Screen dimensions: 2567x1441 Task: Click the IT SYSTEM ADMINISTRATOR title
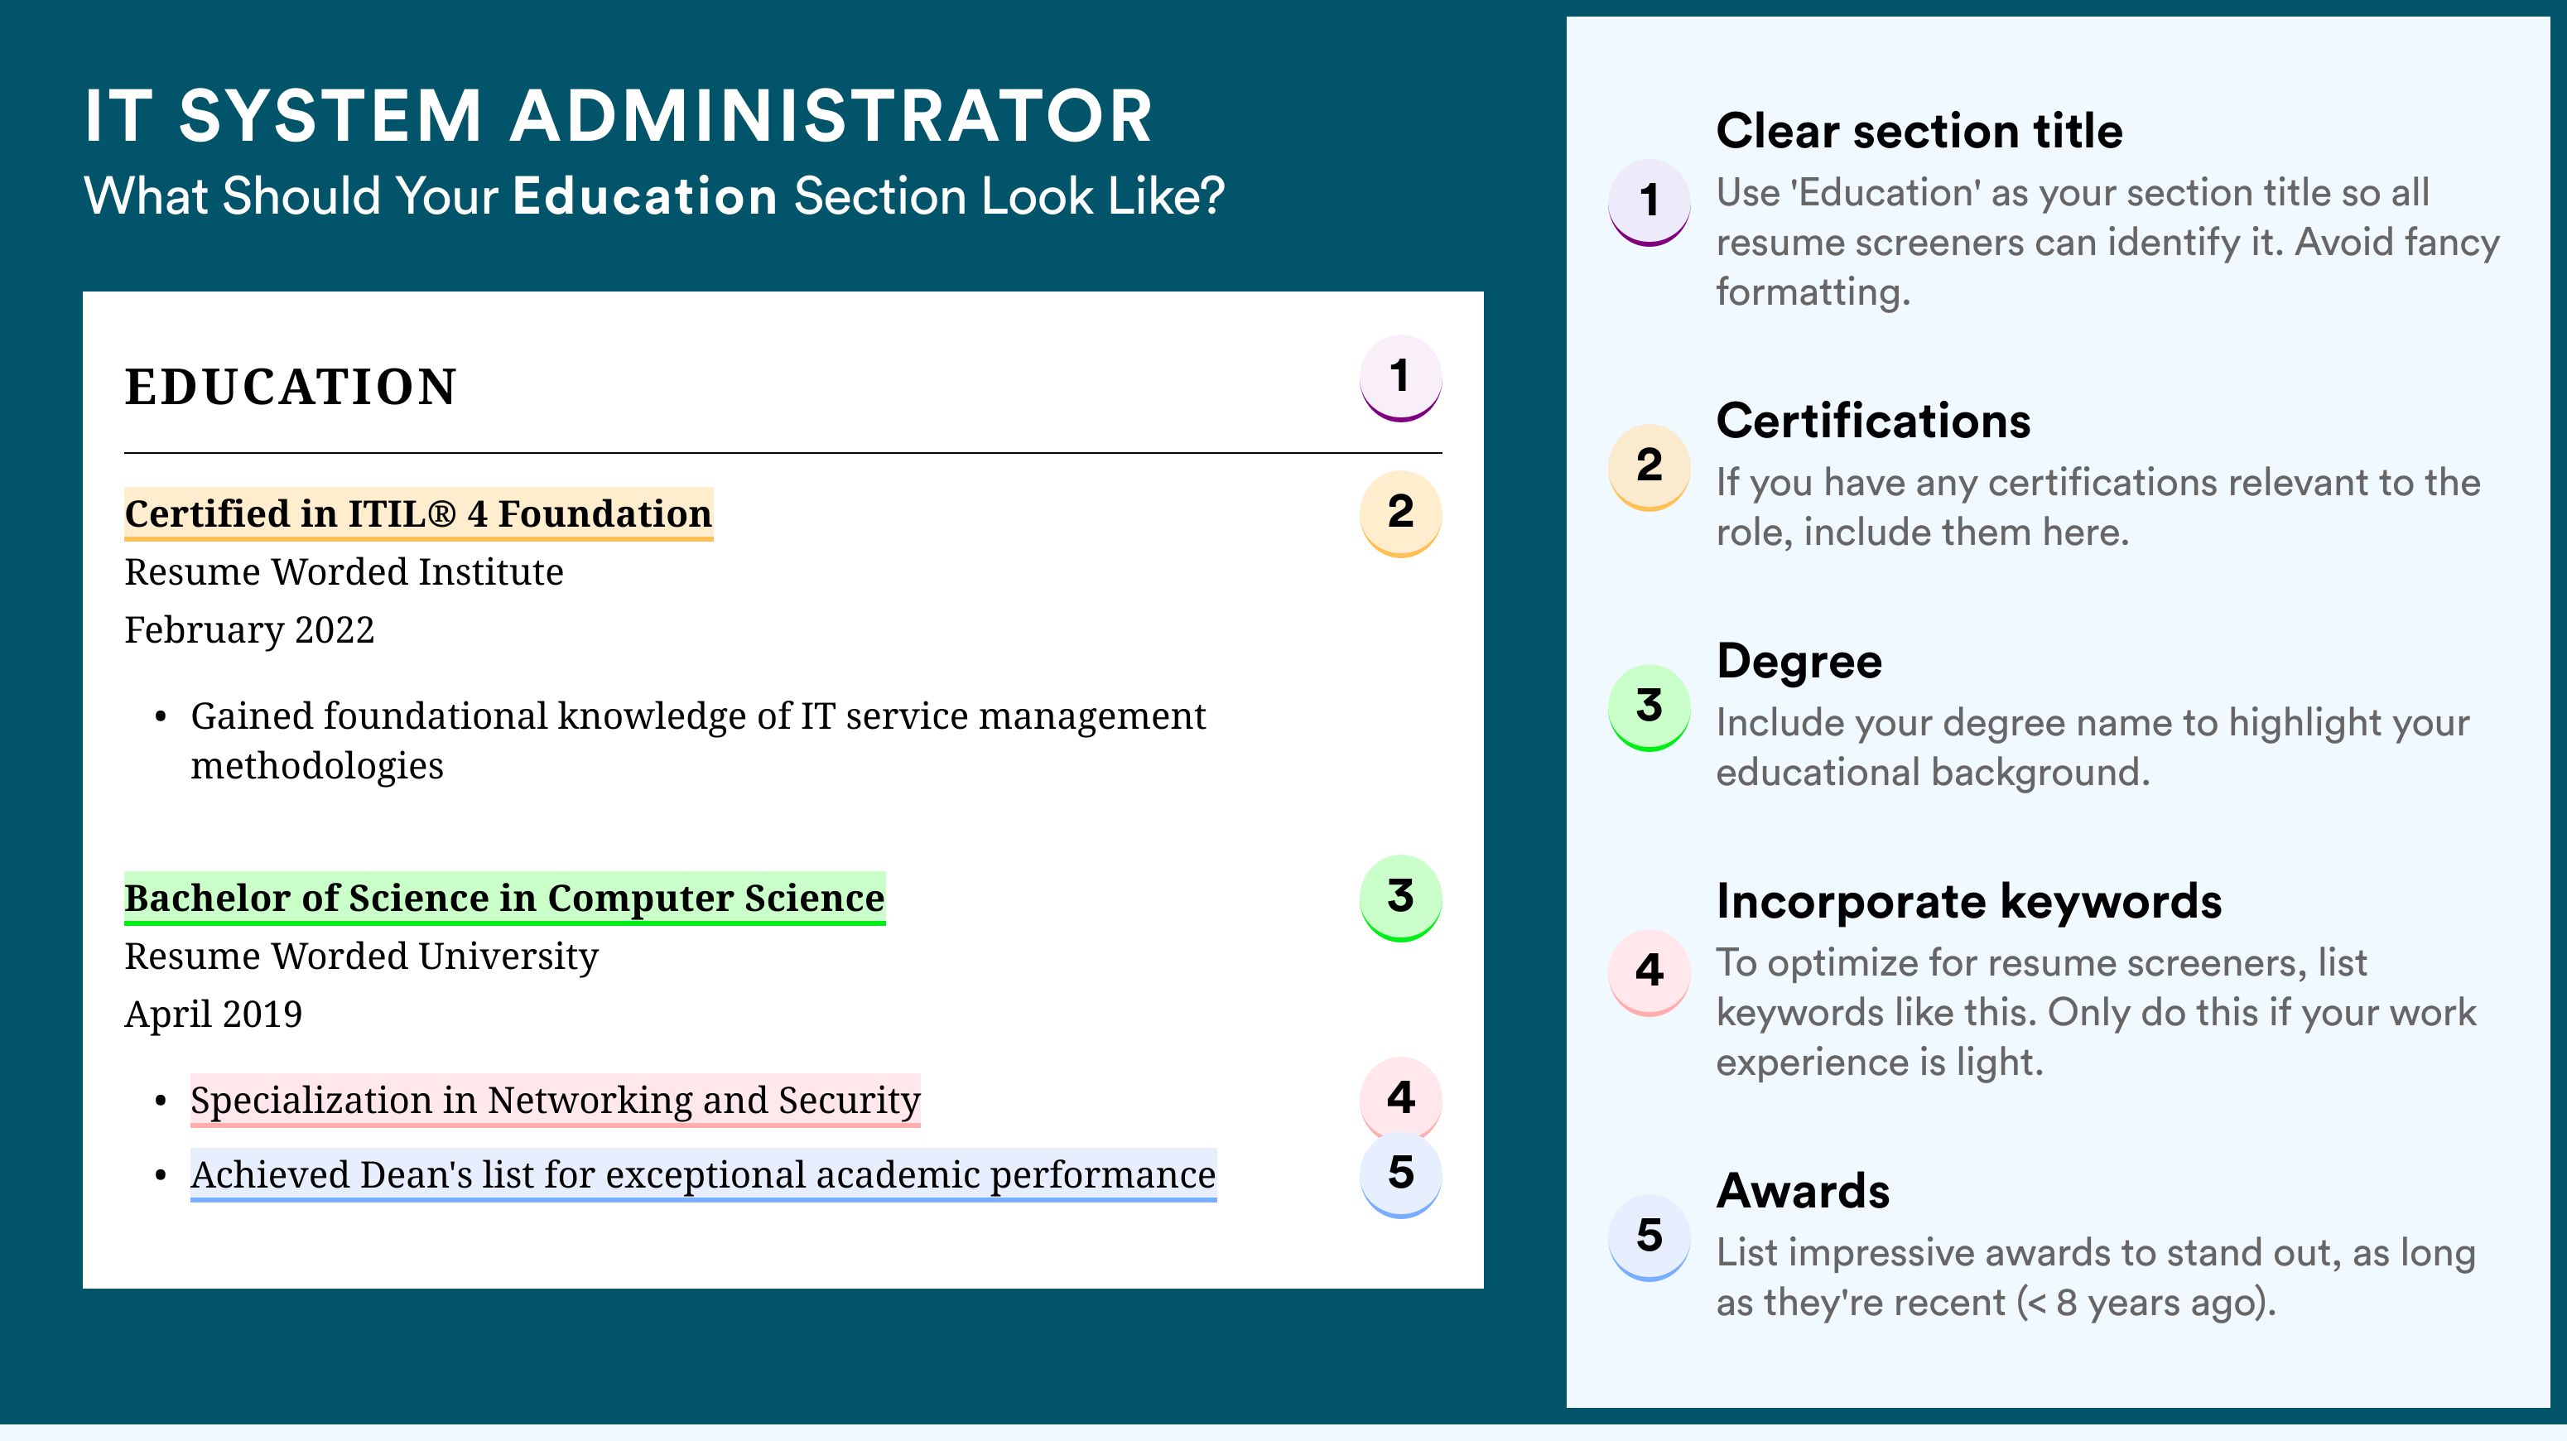coord(618,116)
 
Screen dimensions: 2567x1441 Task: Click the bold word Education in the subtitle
coord(645,195)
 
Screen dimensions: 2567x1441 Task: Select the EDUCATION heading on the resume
coord(290,387)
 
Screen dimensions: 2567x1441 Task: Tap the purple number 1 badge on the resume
coord(1400,378)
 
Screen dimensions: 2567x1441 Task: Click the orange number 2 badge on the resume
coord(1400,513)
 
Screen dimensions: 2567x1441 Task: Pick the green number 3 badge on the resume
coord(1400,898)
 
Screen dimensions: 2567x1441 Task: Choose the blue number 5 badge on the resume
coord(1400,1175)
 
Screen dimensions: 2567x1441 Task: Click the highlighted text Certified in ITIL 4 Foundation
coord(418,514)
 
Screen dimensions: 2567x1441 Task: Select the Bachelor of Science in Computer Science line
coord(504,898)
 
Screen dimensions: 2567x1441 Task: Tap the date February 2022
coord(249,629)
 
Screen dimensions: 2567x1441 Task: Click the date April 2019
coord(214,1014)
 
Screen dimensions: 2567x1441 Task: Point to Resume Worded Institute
coord(344,572)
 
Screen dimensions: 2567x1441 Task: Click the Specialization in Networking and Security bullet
coord(555,1100)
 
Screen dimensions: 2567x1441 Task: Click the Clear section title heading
coord(1919,131)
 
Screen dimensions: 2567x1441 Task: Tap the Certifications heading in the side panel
coord(1873,421)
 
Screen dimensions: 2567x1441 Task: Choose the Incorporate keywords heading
coord(1969,902)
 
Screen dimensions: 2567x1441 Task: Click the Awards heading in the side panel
coord(1803,1191)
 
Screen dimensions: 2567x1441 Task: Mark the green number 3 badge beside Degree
coord(1650,706)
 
